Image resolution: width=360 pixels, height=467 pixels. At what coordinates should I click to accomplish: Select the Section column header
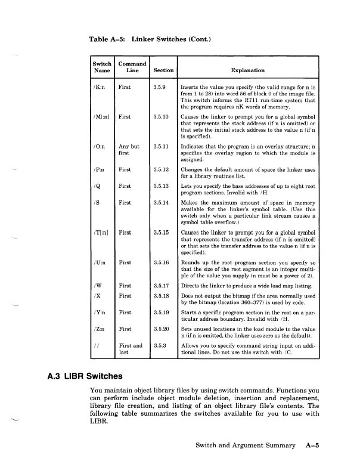click(x=163, y=70)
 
